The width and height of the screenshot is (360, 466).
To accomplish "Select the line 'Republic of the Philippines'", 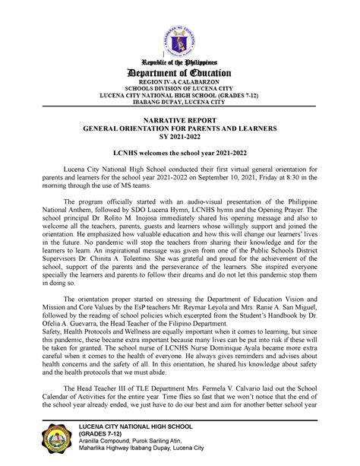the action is tap(180, 60).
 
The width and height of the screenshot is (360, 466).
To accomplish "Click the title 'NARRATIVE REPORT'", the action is tap(180, 121).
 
